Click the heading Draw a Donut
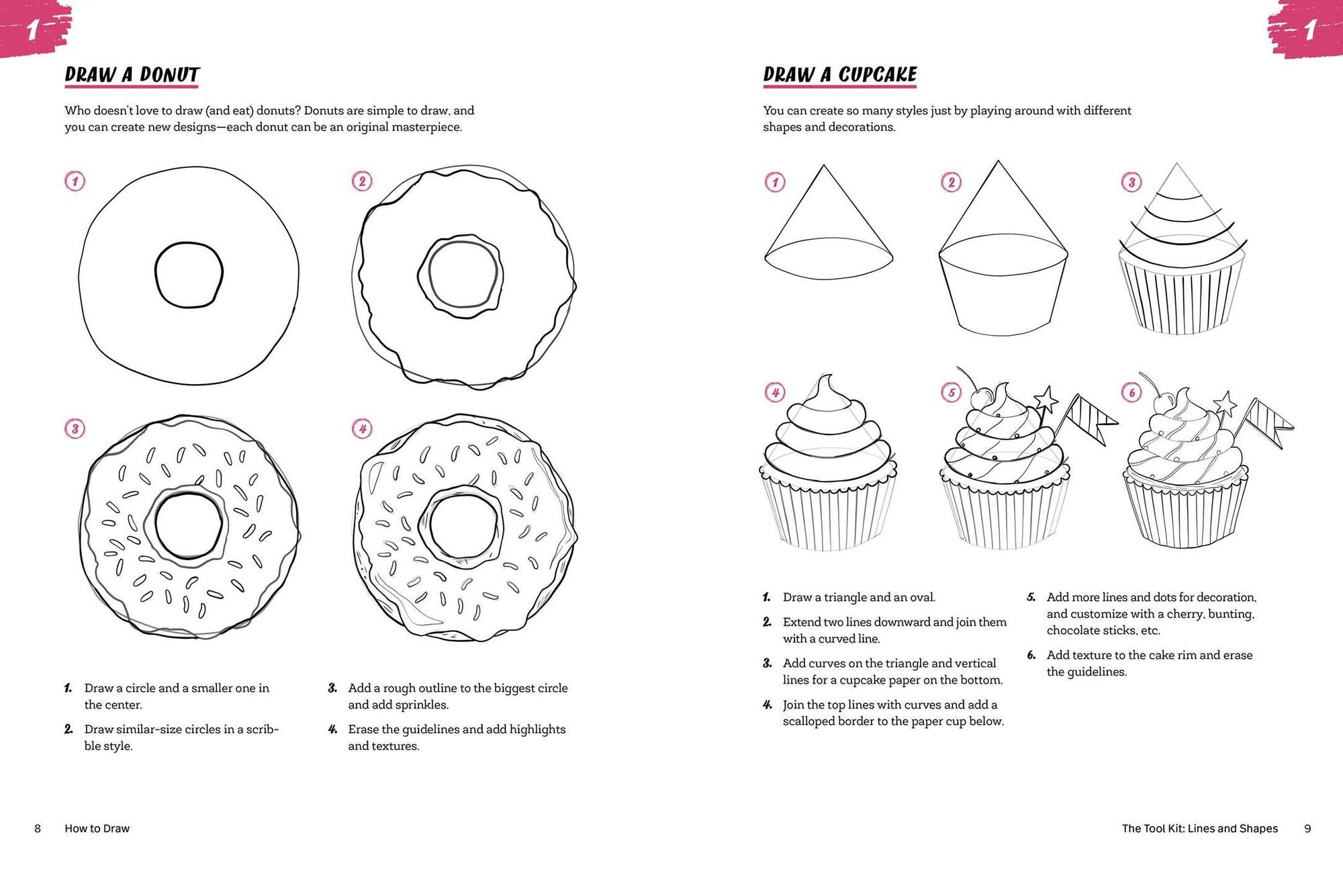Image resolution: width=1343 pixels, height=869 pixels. (132, 75)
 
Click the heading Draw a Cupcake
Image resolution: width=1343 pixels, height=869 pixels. (839, 75)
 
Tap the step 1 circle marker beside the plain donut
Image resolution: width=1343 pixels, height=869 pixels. (75, 181)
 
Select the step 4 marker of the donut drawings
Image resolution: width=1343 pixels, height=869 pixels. (362, 428)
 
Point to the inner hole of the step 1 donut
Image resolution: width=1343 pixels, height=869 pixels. (189, 275)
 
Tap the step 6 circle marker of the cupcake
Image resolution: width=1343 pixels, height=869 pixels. (1131, 392)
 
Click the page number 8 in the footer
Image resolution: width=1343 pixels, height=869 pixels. (38, 829)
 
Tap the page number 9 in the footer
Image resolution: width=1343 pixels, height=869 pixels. (1307, 829)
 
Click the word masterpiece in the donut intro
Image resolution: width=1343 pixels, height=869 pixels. (426, 128)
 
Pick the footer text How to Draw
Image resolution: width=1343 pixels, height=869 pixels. (97, 829)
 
